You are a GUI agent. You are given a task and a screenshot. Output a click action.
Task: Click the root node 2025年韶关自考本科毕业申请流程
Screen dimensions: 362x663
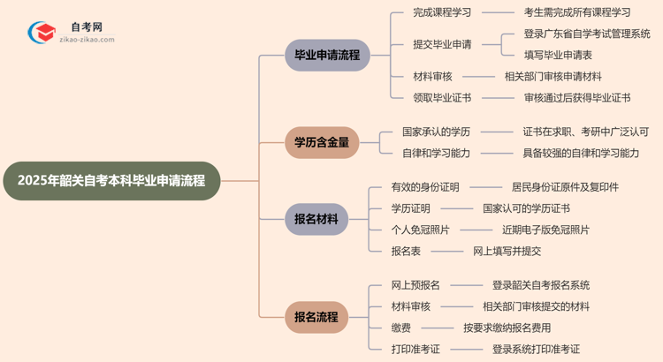tap(110, 181)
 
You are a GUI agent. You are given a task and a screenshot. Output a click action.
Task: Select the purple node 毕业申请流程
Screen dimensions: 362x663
tap(326, 55)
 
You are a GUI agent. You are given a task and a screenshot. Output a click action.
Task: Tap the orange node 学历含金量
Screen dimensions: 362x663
tap(321, 141)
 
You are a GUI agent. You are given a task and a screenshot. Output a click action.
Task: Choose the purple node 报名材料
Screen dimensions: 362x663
tap(316, 219)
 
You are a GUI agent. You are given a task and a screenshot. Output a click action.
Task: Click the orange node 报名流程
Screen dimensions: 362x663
tap(316, 317)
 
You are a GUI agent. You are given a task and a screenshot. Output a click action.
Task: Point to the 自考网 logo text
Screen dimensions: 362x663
tap(86, 27)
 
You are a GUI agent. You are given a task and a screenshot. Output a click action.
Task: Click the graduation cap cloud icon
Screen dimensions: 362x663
tap(41, 34)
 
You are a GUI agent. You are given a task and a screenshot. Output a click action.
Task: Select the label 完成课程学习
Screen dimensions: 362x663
tap(442, 12)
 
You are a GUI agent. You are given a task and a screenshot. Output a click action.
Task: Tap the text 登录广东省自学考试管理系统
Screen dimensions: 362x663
tap(587, 34)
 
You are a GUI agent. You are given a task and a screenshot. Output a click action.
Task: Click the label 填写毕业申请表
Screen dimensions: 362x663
tap(558, 55)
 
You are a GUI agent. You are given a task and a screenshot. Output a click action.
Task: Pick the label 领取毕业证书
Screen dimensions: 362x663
tap(442, 97)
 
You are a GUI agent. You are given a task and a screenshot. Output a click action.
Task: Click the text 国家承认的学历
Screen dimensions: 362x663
tap(436, 132)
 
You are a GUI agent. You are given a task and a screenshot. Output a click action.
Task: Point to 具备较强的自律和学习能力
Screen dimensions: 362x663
tap(580, 153)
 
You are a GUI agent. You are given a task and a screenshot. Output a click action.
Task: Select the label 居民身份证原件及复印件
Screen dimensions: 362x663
tap(565, 187)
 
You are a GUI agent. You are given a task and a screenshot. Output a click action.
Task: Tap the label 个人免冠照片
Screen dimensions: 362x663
tap(420, 230)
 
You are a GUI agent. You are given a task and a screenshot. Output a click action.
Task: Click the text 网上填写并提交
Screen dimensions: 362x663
tap(507, 251)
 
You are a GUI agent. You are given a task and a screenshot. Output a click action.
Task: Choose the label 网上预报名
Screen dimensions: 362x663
tap(415, 285)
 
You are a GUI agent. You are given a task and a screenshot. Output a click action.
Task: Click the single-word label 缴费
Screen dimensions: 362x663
tap(400, 328)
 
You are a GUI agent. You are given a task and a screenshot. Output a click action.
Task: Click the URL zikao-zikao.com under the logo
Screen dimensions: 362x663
tap(86, 41)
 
